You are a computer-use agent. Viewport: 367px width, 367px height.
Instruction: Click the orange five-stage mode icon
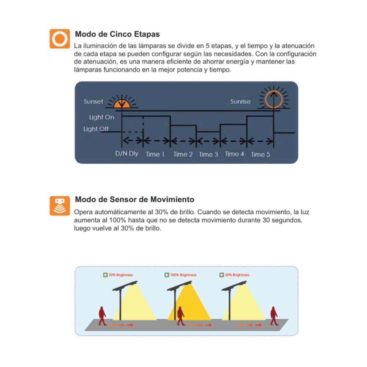[60, 39]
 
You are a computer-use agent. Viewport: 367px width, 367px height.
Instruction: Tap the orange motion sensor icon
[60, 206]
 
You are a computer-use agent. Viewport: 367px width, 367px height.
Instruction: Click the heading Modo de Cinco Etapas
[117, 34]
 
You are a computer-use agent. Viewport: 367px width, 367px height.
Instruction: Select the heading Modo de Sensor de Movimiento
[135, 199]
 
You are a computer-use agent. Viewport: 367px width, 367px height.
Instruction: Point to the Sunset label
[93, 102]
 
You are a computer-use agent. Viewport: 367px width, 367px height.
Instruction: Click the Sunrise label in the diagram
[240, 102]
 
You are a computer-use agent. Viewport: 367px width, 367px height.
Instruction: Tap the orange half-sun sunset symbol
[122, 103]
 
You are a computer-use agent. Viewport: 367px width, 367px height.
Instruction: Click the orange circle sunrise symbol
[274, 99]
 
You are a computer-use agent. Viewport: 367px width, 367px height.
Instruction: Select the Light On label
[102, 117]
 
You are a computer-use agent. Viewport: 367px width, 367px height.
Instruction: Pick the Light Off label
[96, 129]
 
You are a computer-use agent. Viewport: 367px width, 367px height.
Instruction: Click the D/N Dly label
[127, 153]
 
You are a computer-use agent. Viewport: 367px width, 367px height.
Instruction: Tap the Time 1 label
[155, 154]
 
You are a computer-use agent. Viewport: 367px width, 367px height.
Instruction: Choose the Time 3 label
[208, 155]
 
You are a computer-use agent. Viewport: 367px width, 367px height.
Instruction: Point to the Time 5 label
[261, 155]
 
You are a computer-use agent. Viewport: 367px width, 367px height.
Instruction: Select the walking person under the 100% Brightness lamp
[181, 316]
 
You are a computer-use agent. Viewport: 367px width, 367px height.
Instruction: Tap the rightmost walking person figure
[274, 316]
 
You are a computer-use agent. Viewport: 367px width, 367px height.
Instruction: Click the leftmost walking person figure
[102, 316]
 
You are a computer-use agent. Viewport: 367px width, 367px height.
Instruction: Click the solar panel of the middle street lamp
[179, 286]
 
